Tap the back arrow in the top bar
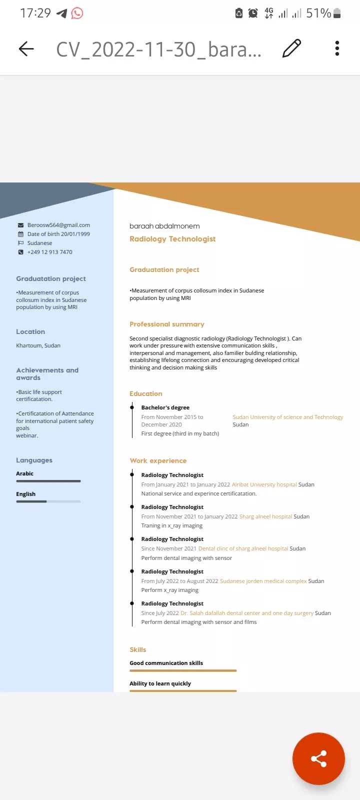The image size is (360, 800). point(26,48)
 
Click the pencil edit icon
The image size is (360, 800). point(291,48)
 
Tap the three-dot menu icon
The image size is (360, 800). point(337,48)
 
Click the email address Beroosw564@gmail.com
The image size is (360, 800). point(58,225)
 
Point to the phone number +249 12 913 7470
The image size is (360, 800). point(49,252)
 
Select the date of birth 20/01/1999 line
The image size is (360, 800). point(58,234)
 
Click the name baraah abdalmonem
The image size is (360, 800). point(164,226)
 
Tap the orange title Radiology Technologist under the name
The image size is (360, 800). point(172,239)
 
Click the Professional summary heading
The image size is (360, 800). point(167,324)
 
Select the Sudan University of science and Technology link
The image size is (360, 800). point(287,417)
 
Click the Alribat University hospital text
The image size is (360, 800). point(264,484)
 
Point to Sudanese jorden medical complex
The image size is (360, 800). point(263,581)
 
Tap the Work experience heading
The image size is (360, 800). point(158,460)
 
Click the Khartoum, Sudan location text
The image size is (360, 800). point(38,345)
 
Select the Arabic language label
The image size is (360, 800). point(24,473)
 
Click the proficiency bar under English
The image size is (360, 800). point(48,501)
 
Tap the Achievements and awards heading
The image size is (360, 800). point(47,374)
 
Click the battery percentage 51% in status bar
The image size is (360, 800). point(318,13)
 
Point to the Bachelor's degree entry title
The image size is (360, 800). point(165,407)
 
